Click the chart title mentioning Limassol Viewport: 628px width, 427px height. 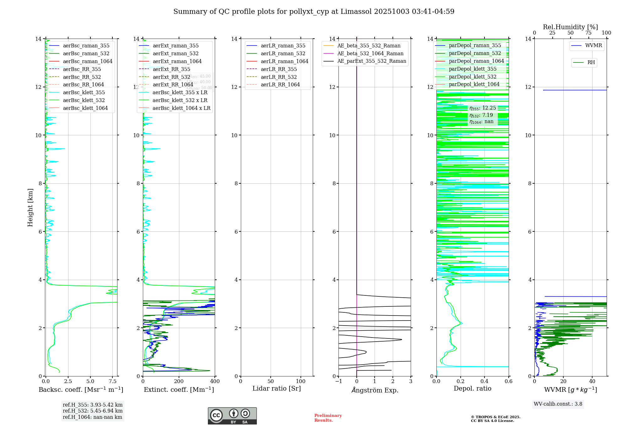(314, 12)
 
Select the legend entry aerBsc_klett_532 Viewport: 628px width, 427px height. (84, 100)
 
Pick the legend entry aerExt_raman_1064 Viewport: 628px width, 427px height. (177, 62)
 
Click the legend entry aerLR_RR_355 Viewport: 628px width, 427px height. (279, 69)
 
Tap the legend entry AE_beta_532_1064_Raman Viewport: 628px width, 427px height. (370, 54)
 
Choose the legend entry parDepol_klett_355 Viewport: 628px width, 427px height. (473, 69)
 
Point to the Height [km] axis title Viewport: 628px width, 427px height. (30, 207)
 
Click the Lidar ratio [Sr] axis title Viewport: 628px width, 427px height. (277, 389)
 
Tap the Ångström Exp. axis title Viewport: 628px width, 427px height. (375, 390)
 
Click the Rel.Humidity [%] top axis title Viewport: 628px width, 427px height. (570, 27)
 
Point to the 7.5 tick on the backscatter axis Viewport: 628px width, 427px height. (112, 381)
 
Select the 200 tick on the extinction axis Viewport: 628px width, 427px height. (179, 381)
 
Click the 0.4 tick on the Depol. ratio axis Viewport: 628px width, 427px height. (485, 381)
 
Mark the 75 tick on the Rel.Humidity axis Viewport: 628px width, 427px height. (588, 33)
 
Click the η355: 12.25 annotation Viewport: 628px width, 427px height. (483, 108)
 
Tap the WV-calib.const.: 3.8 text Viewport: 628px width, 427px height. (558, 404)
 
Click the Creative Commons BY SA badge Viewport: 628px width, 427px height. (232, 416)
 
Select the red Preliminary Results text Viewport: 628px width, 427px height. (328, 418)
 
